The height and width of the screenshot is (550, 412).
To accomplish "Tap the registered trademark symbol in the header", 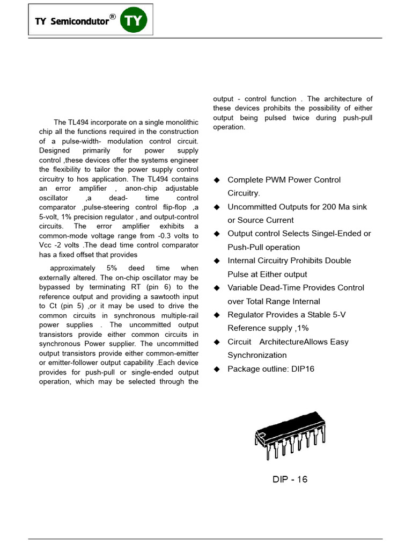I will pos(112,17).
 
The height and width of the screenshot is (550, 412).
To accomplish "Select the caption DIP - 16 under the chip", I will pos(290,479).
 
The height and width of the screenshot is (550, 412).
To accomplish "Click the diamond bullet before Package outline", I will pos(217,369).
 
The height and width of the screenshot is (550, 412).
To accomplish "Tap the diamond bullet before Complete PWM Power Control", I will pos(217,180).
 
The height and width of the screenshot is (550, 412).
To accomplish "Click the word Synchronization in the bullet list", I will pos(257,355).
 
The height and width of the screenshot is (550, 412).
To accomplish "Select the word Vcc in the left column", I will pos(46,245).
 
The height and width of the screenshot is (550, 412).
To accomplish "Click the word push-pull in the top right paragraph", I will pos(359,118).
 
